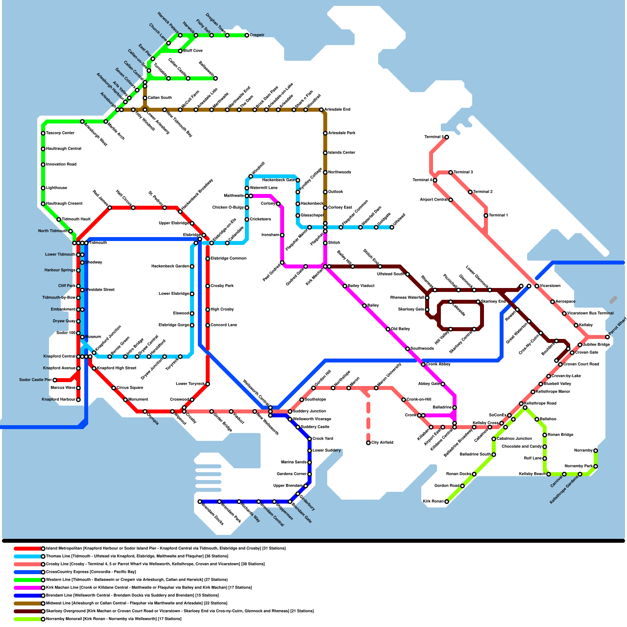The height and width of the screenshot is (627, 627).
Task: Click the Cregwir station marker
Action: coord(247,35)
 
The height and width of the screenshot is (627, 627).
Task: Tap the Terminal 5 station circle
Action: coord(446,137)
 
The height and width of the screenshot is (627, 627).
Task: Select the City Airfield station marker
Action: coord(368,443)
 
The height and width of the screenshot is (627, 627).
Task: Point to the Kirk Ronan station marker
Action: coord(446,502)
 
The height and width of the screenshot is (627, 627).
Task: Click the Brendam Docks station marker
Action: coord(200,502)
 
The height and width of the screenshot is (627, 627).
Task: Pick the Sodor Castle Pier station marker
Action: coord(55,380)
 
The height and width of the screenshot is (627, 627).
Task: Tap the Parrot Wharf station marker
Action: coord(607,337)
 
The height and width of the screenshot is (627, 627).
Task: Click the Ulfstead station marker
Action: coord(392,227)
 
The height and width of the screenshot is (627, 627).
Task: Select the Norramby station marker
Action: coord(596,451)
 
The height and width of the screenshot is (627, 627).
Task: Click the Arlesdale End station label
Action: coord(337,110)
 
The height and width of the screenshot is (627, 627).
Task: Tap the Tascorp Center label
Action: coord(60,133)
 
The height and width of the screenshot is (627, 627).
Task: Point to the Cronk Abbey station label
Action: coord(438,364)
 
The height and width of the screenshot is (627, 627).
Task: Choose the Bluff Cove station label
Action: coord(193,51)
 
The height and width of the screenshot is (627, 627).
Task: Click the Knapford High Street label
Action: coord(116,368)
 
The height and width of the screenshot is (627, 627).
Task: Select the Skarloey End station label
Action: coord(493,302)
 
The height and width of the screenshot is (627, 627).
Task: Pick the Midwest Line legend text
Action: coord(137,603)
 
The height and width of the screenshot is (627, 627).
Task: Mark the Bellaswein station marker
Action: coord(216,78)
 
